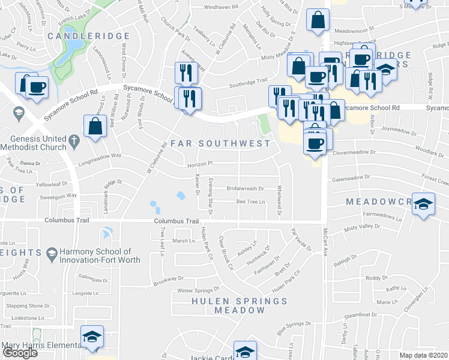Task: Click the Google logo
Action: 20,353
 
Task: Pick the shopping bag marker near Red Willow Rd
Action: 95,127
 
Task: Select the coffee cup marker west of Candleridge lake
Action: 37,88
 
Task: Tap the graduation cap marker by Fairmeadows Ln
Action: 423,203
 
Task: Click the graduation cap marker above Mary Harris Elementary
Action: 92,337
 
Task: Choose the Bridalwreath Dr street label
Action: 245,188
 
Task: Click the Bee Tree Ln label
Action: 251,202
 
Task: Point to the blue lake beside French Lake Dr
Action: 73,44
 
